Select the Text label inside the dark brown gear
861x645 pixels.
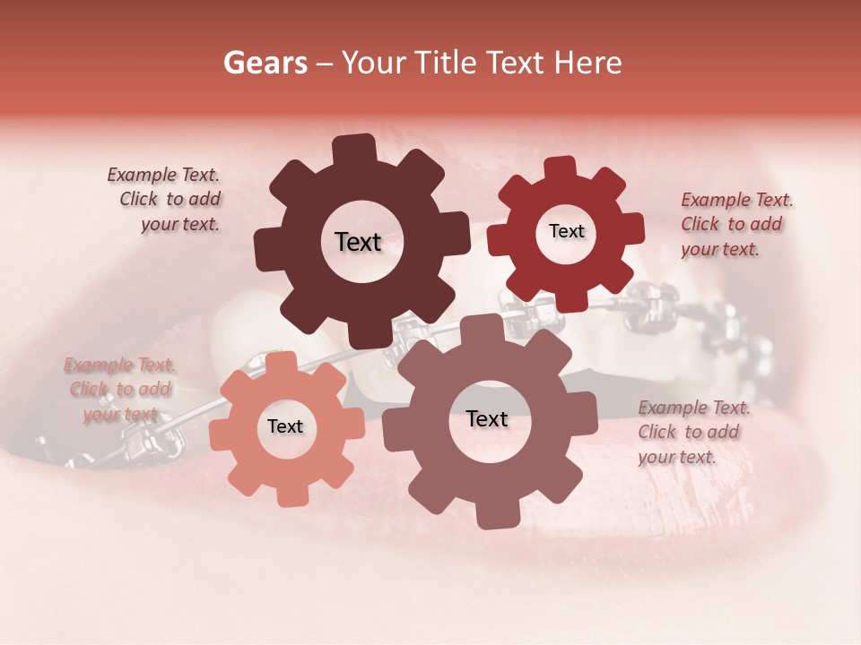[358, 242]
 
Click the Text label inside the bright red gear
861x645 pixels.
[566, 232]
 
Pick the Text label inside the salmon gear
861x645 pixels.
[285, 427]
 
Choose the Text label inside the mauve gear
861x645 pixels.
[487, 419]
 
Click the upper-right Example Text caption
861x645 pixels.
[735, 225]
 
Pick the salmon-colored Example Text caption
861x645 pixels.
[119, 390]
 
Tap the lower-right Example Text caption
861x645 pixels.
[692, 432]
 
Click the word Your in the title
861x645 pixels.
[375, 64]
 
